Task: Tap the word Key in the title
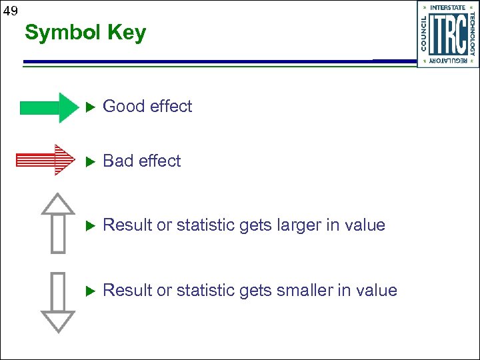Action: coord(124,33)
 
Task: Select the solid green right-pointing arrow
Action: coord(49,107)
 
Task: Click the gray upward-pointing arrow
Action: coord(58,223)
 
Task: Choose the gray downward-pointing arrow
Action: coord(58,301)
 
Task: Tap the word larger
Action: coord(297,225)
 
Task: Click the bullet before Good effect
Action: coord(91,107)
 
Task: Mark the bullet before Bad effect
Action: coord(91,161)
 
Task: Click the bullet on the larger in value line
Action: coord(91,225)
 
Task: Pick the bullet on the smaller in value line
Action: coord(91,291)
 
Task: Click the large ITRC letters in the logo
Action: coord(447,35)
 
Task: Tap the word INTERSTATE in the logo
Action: coord(447,7)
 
